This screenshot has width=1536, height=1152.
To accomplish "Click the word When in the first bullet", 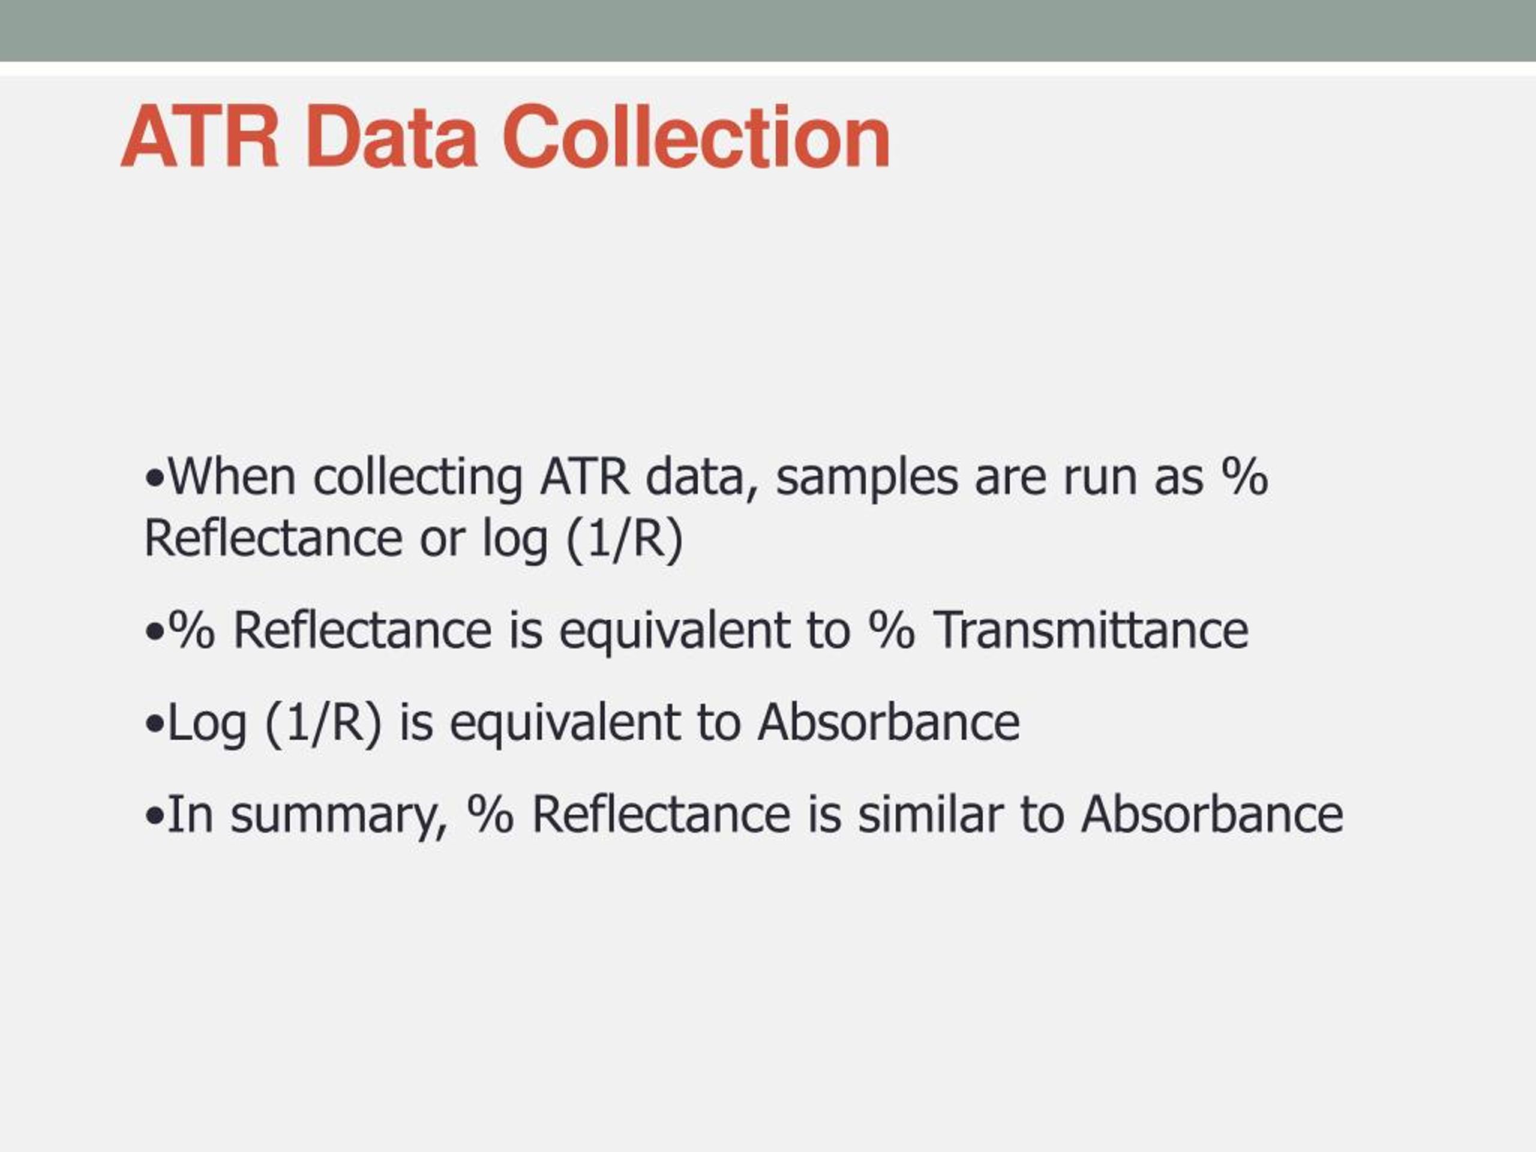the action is coord(232,477).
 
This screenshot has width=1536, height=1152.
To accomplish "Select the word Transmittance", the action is coord(1090,630).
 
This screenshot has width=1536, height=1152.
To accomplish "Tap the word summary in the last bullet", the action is coord(339,817).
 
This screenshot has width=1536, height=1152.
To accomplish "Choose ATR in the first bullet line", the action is coord(584,477).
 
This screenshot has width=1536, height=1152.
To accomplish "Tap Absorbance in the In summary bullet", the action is coord(1213,813).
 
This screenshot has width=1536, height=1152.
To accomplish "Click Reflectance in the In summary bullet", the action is coord(661,813).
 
